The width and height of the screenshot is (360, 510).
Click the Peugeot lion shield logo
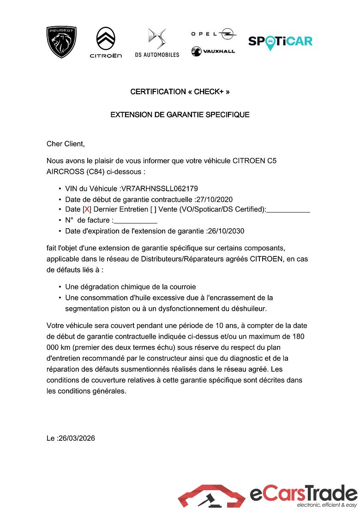click(61, 42)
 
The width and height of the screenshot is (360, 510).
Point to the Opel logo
click(214, 34)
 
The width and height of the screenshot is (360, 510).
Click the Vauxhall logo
click(213, 51)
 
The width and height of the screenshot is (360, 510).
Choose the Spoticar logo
click(280, 42)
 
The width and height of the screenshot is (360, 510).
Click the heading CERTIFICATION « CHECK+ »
click(180, 91)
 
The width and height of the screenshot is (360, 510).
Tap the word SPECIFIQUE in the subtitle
click(228, 115)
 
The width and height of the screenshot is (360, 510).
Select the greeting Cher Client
click(66, 144)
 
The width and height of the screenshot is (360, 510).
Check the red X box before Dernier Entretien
click(87, 210)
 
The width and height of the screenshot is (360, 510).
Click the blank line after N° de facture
click(135, 221)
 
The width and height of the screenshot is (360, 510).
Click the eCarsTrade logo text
click(304, 493)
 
